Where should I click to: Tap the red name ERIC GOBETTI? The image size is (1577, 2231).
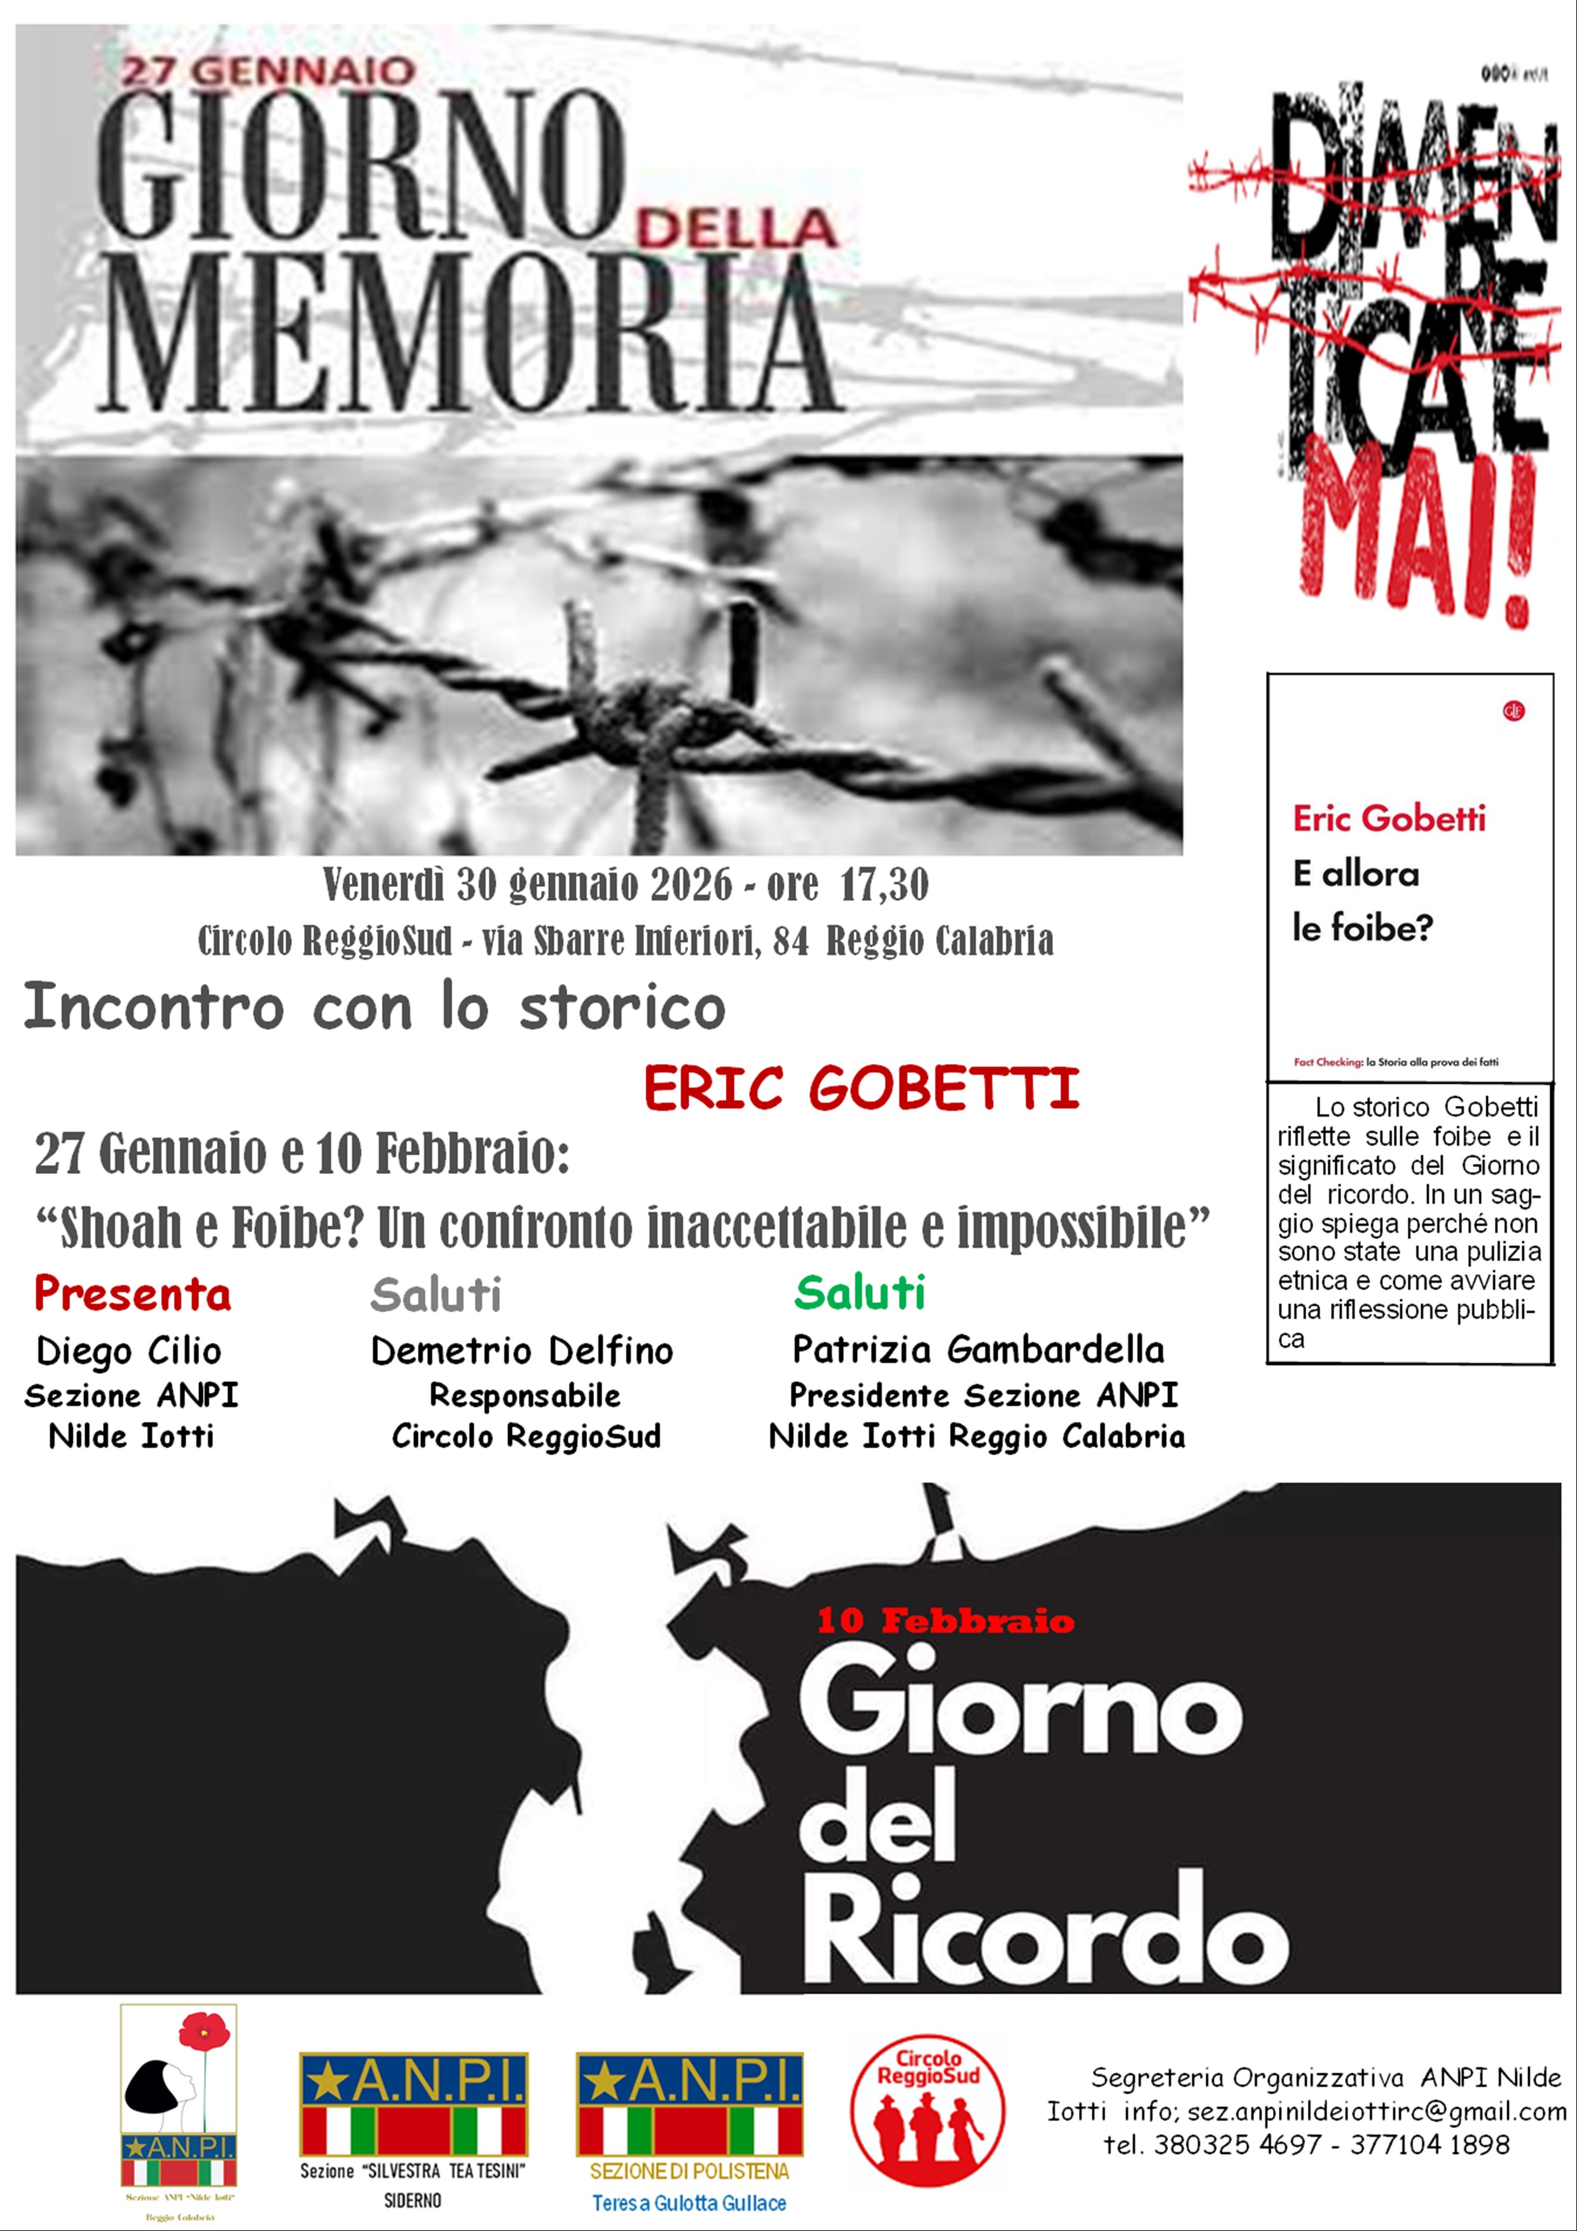coord(861,1088)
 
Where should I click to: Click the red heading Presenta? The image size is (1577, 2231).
coord(133,1294)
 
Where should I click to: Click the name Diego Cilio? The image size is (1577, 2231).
coord(128,1351)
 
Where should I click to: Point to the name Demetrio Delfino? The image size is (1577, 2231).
coord(522,1351)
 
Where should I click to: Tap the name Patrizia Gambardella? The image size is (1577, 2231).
coord(979,1350)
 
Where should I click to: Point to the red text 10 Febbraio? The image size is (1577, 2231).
coord(946,1620)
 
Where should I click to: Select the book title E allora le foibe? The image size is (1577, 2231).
coord(1362,901)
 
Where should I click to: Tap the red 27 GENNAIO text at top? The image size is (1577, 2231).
coord(269,72)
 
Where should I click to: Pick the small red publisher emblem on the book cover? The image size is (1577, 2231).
coord(1513,711)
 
